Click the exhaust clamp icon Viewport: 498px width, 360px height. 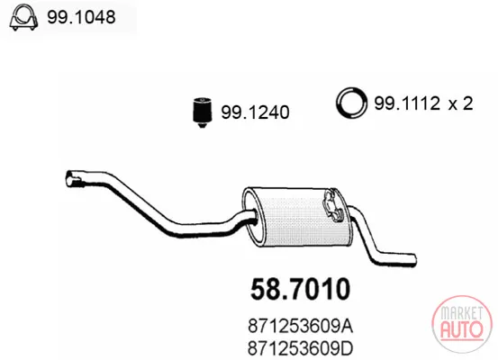pyautogui.click(x=23, y=17)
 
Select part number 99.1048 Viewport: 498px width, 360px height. pyautogui.click(x=81, y=17)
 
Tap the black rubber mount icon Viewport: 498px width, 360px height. pyautogui.click(x=203, y=112)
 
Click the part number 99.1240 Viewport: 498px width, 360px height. pyautogui.click(x=255, y=112)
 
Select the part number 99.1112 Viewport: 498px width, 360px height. pyautogui.click(x=407, y=103)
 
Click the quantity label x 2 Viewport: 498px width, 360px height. pyautogui.click(x=461, y=103)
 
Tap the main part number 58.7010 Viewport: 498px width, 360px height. pyautogui.click(x=300, y=289)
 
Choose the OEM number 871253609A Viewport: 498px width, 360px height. pyautogui.click(x=300, y=327)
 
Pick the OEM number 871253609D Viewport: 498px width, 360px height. pyautogui.click(x=300, y=348)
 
